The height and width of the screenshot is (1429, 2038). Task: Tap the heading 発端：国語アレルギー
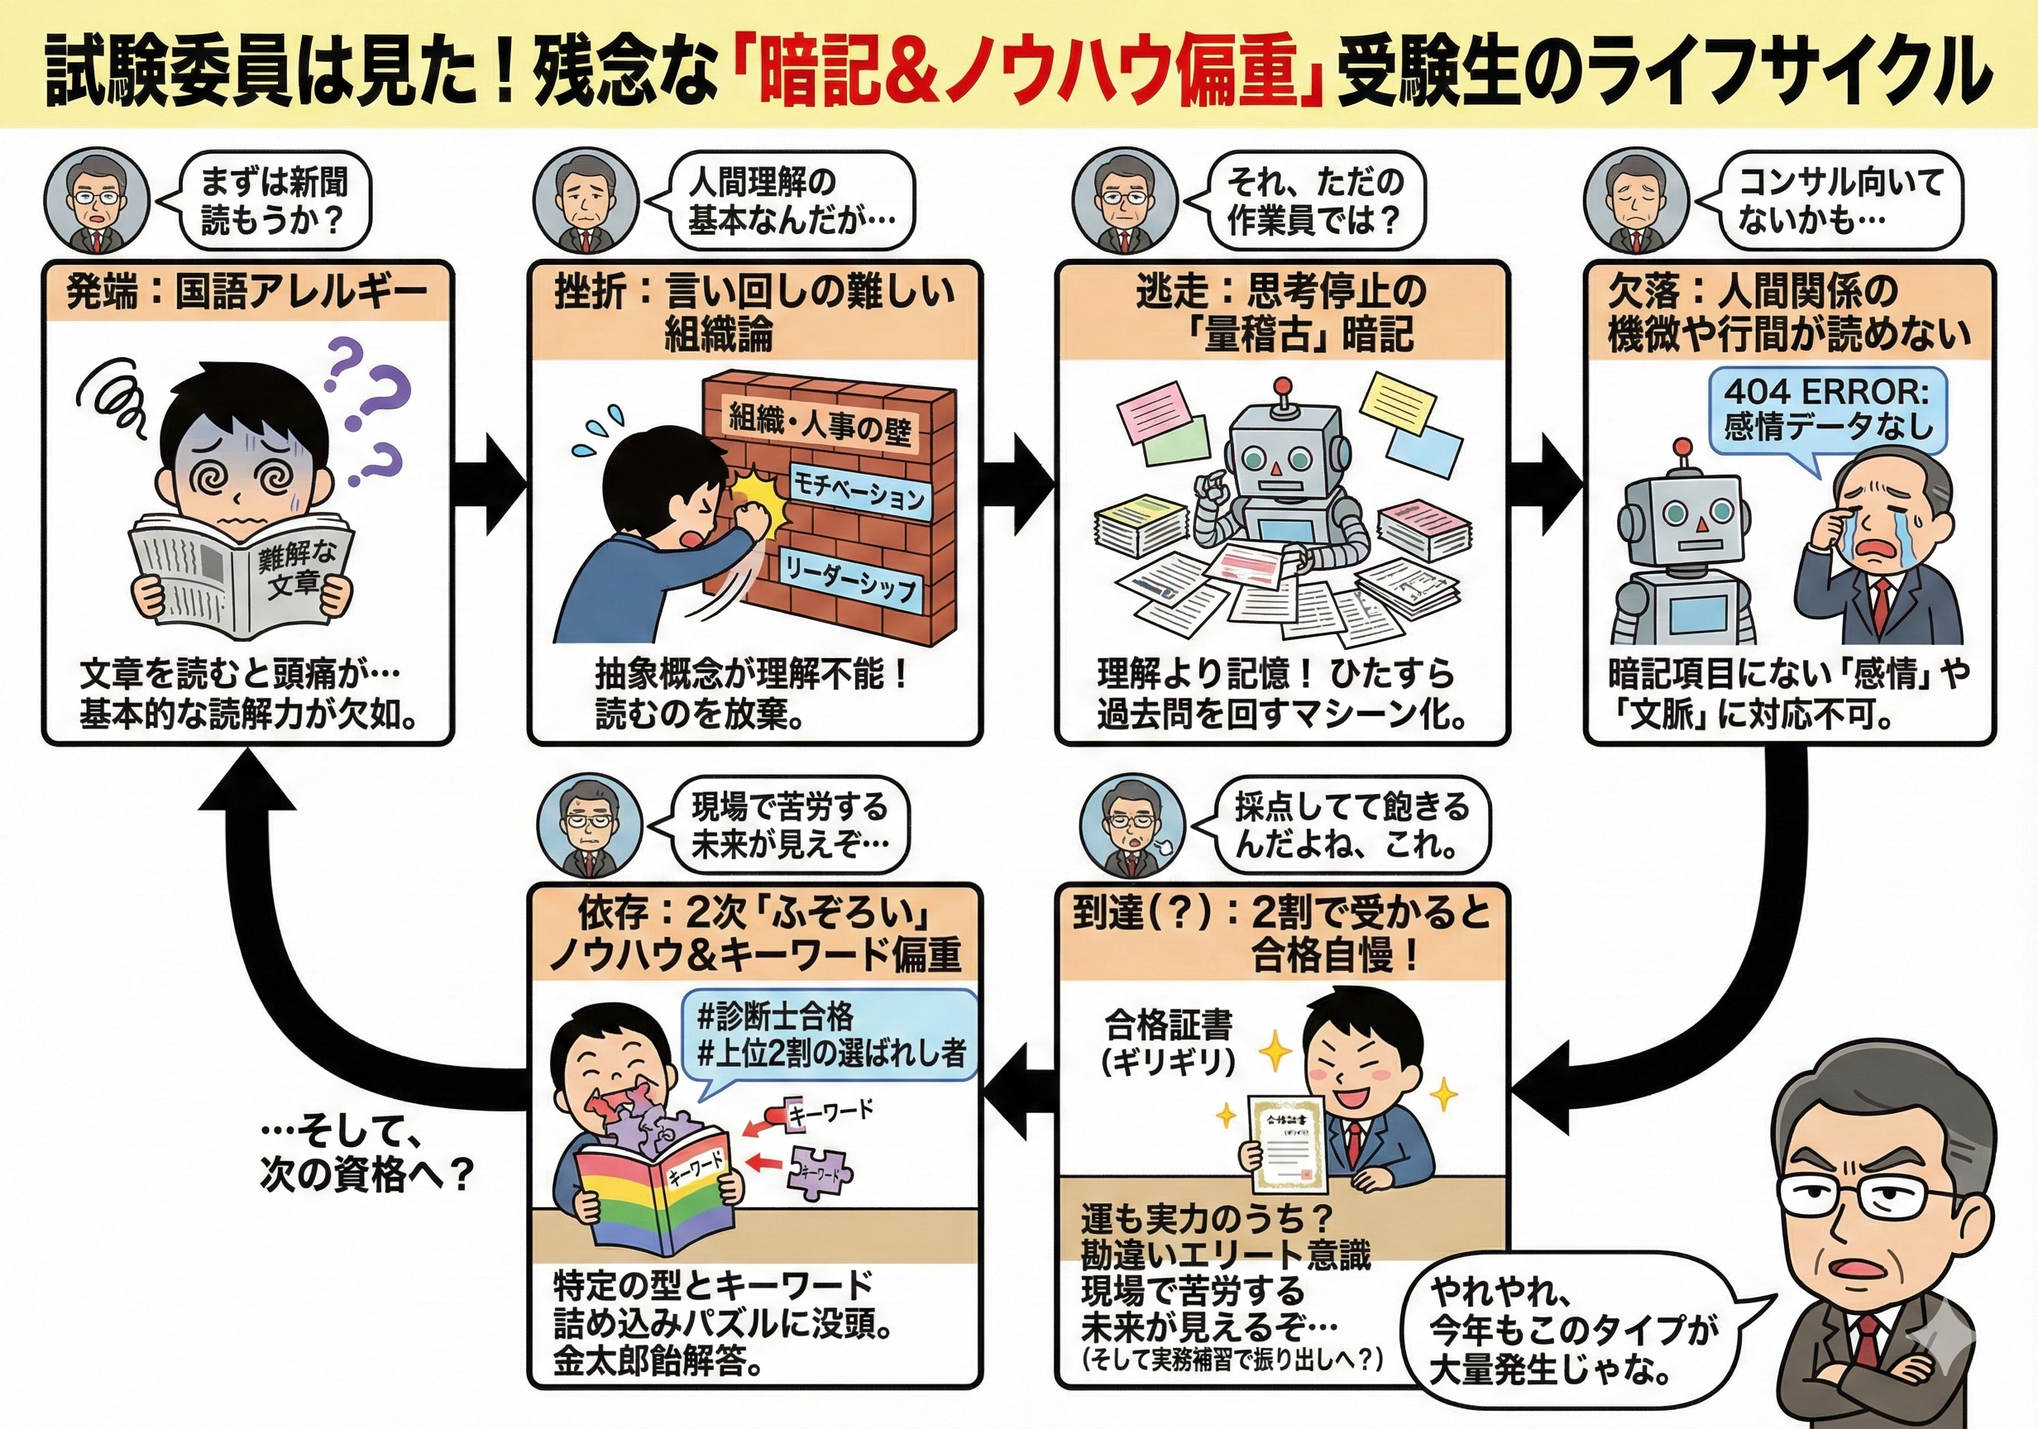[247, 291]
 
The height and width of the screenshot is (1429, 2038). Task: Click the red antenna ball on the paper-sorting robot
[1280, 386]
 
